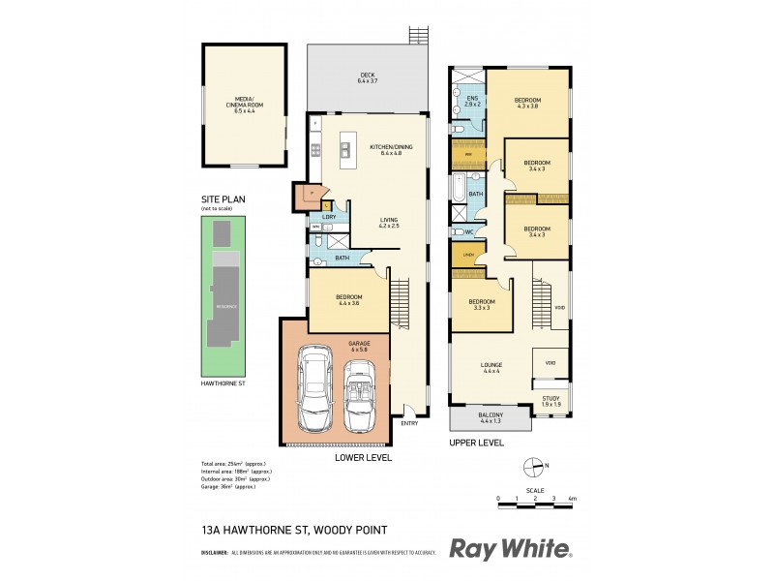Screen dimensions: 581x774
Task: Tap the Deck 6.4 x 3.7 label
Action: click(367, 78)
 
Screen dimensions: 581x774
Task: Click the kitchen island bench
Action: click(345, 150)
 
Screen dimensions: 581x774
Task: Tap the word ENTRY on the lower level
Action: click(409, 423)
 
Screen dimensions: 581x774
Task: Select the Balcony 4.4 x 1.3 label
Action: click(489, 418)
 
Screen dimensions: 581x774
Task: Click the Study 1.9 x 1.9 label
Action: click(551, 400)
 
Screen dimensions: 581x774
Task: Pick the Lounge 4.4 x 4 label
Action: click(491, 368)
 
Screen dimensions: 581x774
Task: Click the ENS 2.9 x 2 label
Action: click(472, 102)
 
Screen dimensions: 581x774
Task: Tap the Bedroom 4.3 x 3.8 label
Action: click(527, 103)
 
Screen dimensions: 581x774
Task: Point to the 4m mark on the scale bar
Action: click(573, 498)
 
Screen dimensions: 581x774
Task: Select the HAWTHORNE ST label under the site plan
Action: click(223, 384)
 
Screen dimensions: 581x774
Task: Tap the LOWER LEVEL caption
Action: click(364, 457)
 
